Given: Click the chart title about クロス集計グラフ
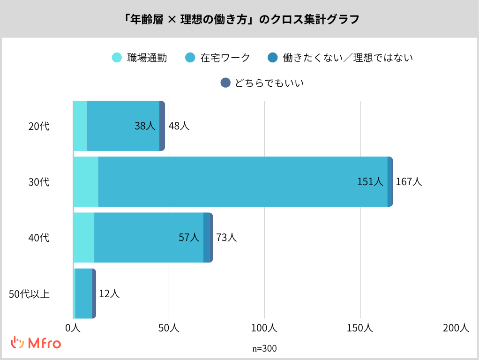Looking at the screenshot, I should coord(239,20).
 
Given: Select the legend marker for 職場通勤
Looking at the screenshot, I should coord(117,58).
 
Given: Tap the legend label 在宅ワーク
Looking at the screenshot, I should coord(225,58).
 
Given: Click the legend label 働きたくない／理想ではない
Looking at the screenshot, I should coord(348,58).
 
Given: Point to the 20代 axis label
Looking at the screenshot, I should coord(38,126).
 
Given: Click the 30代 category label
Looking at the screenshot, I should coord(38,182).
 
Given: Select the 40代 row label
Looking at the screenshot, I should coord(38,238).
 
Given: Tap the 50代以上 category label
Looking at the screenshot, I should coord(30,294).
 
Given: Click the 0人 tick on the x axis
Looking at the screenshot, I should coord(73,328).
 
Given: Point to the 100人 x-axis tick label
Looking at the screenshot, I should coord(265,328).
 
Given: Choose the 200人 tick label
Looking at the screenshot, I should coord(456,328).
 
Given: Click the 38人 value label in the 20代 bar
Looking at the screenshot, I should coord(145,126).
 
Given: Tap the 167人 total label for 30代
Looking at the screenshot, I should coord(409,182).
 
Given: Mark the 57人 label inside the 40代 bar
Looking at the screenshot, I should coord(189,238).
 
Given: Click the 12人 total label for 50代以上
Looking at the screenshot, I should coord(109,294).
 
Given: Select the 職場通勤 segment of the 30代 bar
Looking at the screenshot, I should coord(85,182).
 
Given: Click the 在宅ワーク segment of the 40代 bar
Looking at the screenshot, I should coord(149,238).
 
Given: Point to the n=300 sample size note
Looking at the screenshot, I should coord(264,349).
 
